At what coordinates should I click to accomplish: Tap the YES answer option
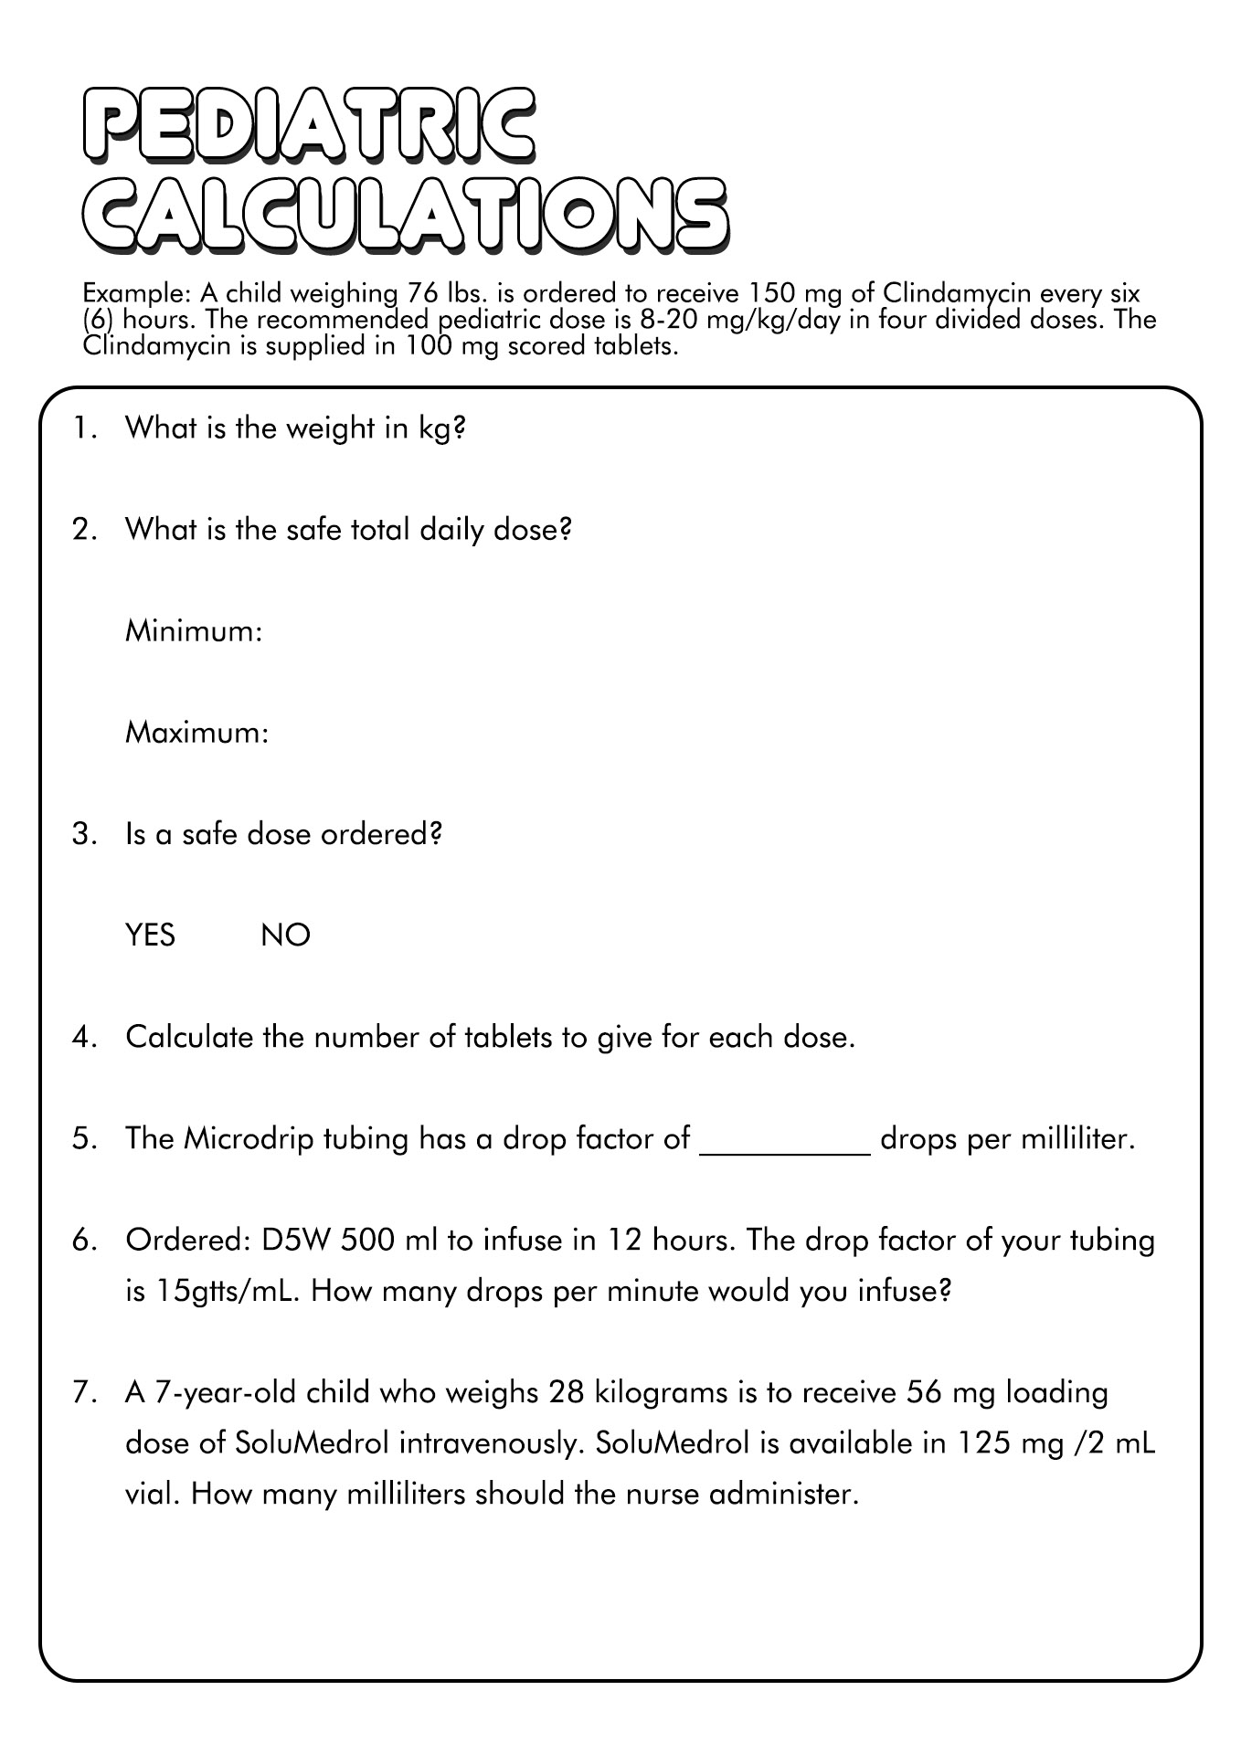click(x=150, y=935)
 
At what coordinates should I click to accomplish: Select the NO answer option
click(x=285, y=935)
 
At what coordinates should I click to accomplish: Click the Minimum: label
click(x=194, y=631)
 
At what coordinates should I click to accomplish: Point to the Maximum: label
click(x=196, y=733)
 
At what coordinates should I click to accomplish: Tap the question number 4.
click(x=83, y=1038)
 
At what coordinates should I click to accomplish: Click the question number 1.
click(x=83, y=428)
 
